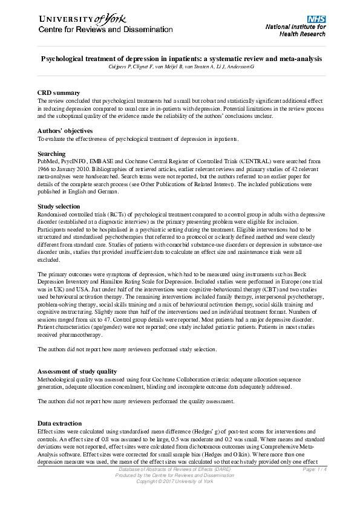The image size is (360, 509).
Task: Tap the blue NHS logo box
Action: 316,19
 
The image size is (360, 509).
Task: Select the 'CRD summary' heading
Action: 59,92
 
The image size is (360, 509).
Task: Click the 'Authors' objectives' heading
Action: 65,131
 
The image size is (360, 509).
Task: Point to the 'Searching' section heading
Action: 51,154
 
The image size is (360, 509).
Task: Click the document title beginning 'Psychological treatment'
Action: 181,59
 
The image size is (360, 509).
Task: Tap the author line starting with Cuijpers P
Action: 181,66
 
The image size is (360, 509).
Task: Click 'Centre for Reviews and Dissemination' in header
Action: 106,29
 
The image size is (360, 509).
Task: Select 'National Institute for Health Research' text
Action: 295,30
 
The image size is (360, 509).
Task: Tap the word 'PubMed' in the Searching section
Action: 48,162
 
